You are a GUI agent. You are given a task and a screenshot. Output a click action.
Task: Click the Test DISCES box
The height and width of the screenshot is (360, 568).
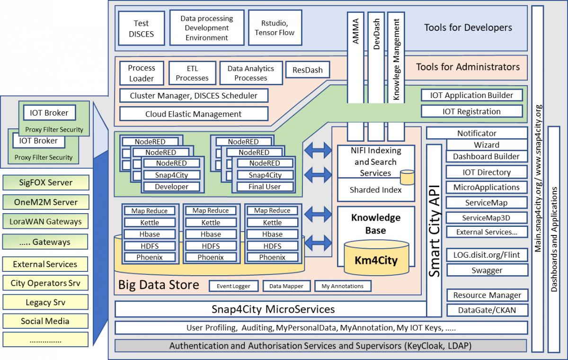[141, 28]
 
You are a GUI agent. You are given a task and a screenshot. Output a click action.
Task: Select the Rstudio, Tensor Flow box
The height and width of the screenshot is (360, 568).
[275, 28]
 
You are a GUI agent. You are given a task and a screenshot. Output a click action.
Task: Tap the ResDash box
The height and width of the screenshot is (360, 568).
[308, 70]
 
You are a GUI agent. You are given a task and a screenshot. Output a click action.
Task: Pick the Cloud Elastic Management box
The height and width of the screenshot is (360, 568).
[194, 114]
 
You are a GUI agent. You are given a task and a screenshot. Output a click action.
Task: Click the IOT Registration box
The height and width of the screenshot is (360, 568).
[471, 111]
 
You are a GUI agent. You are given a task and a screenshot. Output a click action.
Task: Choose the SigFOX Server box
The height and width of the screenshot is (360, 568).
[45, 182]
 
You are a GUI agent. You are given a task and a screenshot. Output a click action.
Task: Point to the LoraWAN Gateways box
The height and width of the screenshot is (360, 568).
[45, 221]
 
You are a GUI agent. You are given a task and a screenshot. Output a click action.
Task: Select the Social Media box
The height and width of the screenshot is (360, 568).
[45, 321]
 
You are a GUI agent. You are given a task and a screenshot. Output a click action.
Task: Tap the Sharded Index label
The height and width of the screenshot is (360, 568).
[375, 190]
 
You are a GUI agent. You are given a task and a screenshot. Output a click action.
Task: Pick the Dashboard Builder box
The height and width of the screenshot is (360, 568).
[486, 156]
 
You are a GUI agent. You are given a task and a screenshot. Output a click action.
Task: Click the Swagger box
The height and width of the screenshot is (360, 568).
[487, 270]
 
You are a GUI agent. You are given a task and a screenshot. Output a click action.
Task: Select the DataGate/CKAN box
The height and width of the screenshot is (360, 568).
[487, 310]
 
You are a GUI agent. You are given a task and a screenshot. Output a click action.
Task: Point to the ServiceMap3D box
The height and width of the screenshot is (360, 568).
[487, 217]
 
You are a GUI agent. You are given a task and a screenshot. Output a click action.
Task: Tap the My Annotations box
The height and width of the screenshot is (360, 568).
[343, 286]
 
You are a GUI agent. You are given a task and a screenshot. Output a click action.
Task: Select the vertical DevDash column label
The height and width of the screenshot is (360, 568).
[377, 33]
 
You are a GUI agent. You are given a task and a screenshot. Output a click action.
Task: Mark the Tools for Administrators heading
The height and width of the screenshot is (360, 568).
[468, 67]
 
